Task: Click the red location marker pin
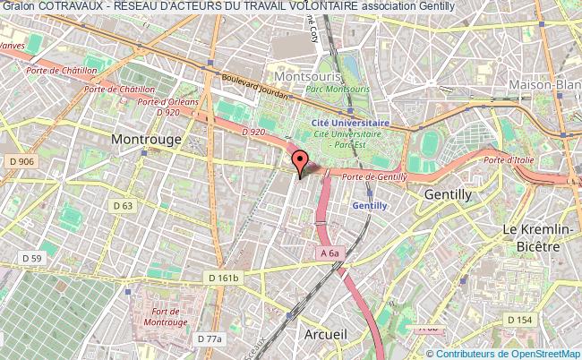point(300,162)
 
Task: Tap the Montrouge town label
point(146,140)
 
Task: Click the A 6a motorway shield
point(331,253)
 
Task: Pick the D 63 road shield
point(123,205)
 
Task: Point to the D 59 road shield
point(31,260)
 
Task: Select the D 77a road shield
point(209,339)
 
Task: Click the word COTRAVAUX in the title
point(68,6)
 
